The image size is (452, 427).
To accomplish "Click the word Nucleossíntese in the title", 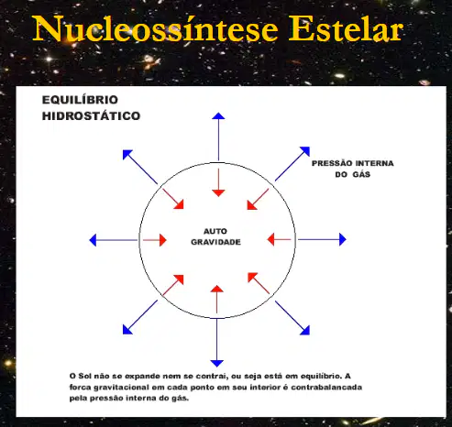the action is pyautogui.click(x=155, y=28).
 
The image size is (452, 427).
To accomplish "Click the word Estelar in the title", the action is pyautogui.click(x=346, y=28).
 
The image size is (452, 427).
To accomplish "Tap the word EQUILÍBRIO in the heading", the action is pyautogui.click(x=80, y=100).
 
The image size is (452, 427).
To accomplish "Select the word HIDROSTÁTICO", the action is pyautogui.click(x=91, y=116).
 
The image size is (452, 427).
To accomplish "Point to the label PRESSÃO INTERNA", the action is pyautogui.click(x=353, y=163).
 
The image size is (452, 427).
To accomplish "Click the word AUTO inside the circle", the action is pyautogui.click(x=215, y=231).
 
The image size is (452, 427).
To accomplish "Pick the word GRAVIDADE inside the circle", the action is pyautogui.click(x=215, y=242).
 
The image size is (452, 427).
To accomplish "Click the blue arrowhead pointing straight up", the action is pyautogui.click(x=218, y=115).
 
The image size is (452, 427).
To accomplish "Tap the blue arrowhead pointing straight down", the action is pyautogui.click(x=216, y=363).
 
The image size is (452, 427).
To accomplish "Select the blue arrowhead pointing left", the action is pyautogui.click(x=93, y=240).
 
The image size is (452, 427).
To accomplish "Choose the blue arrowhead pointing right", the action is pyautogui.click(x=343, y=239).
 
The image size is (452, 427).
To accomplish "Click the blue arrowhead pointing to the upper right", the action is pyautogui.click(x=305, y=151).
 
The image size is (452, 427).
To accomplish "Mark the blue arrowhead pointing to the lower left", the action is pyautogui.click(x=127, y=330).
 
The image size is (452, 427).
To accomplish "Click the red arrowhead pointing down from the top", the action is pyautogui.click(x=218, y=193).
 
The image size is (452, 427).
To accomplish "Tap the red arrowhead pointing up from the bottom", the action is pyautogui.click(x=217, y=289).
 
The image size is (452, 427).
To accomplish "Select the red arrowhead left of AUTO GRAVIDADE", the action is pyautogui.click(x=163, y=240).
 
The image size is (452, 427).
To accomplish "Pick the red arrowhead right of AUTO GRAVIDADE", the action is pyautogui.click(x=270, y=239).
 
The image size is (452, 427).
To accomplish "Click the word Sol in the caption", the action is pyautogui.click(x=85, y=376).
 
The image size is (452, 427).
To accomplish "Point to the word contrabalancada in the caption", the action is pyautogui.click(x=326, y=388).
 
